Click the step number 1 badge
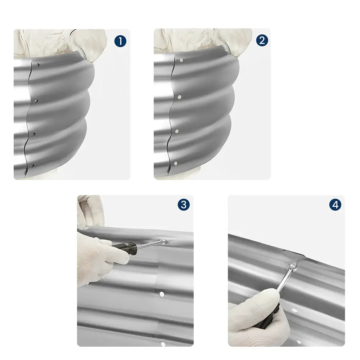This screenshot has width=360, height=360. point(120,41)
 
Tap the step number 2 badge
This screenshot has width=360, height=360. point(262,40)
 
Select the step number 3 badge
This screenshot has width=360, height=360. point(184,205)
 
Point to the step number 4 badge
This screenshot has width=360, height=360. point(335,205)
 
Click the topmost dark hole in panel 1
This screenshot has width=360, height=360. point(38,65)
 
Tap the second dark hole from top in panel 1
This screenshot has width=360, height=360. point(36,101)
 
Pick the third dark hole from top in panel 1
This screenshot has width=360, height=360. point(35,135)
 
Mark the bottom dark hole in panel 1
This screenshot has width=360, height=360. point(33,166)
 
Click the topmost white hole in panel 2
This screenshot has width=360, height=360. point(181,60)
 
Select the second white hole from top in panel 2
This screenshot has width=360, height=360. point(180,97)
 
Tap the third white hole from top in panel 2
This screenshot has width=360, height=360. point(177,131)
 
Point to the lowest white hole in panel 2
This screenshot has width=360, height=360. point(176,163)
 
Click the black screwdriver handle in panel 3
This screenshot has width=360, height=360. point(125,248)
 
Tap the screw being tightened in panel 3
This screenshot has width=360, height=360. point(163,241)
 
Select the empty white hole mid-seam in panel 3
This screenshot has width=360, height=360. point(162,294)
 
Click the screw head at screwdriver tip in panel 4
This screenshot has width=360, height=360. point(293,266)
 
